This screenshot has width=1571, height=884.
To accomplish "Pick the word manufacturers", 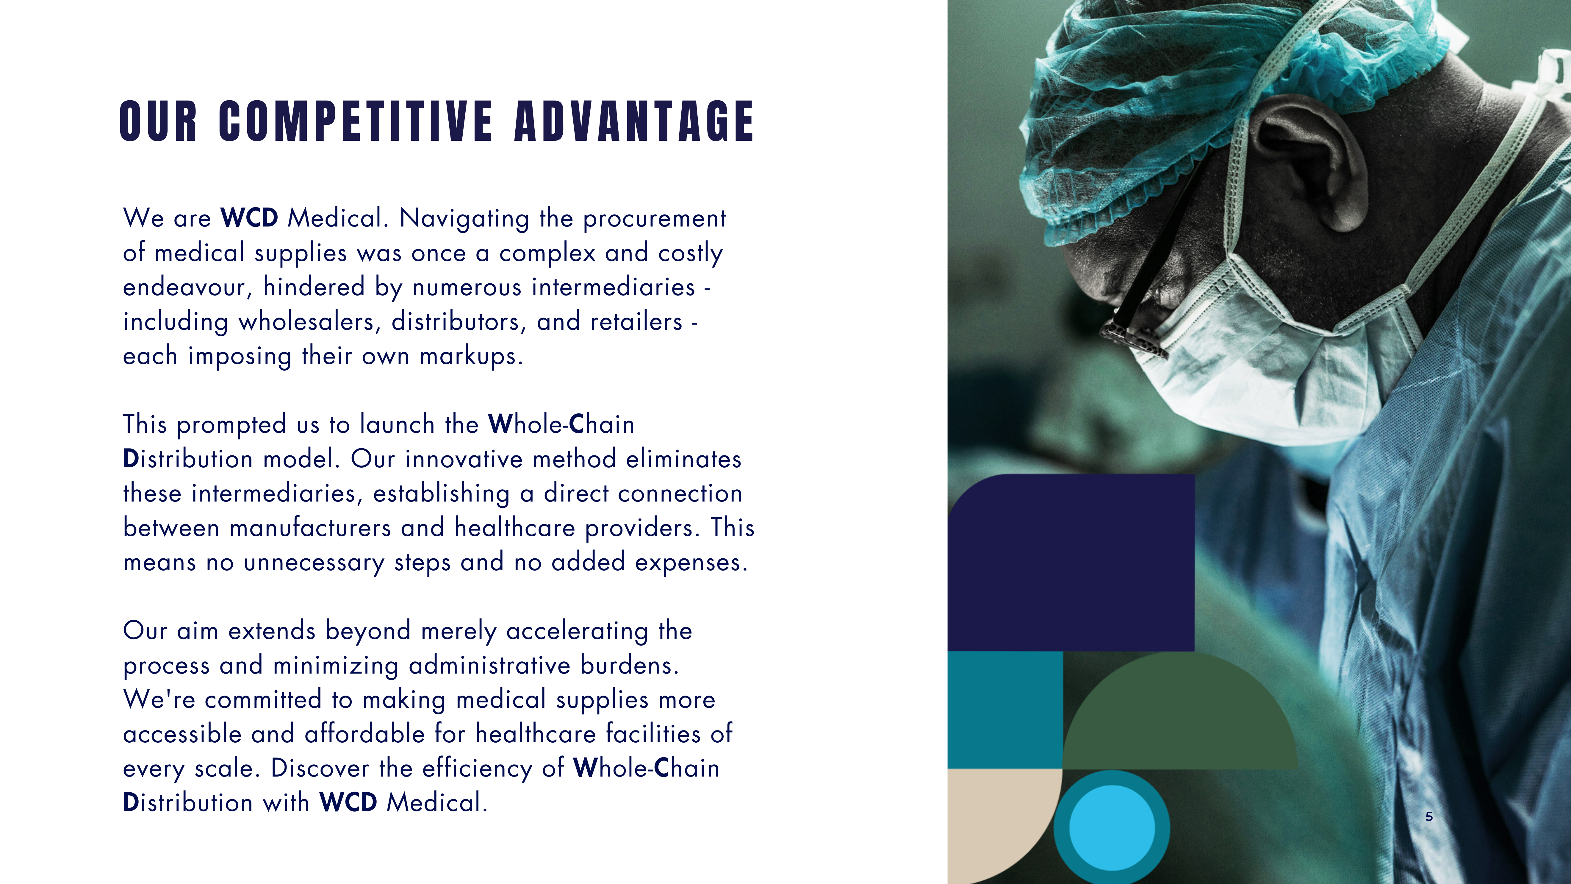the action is (x=310, y=528).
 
